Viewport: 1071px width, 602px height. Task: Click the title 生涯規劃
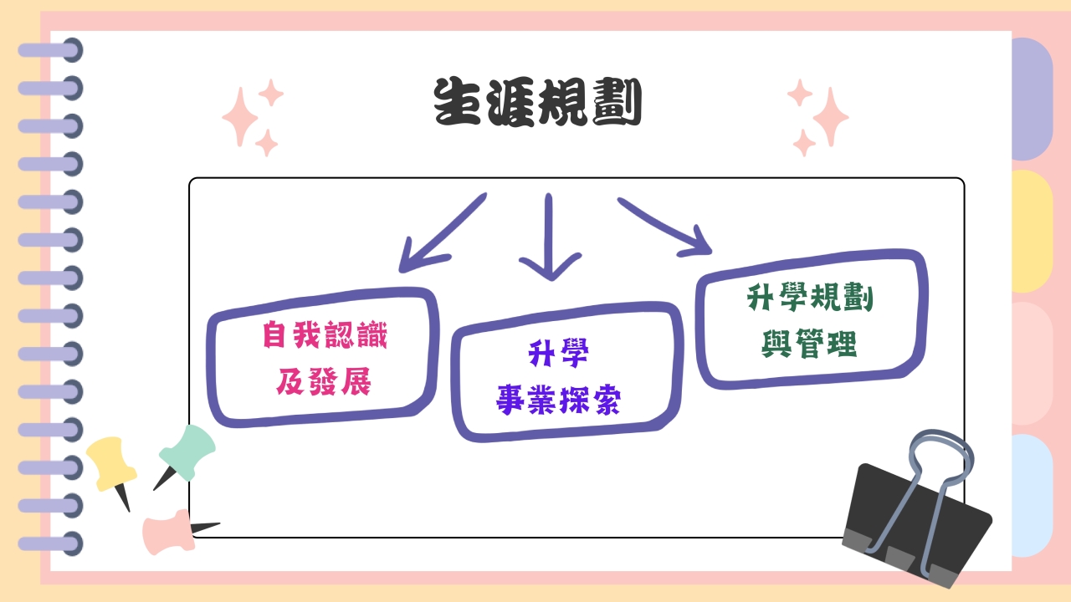538,102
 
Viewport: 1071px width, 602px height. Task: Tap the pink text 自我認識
325,335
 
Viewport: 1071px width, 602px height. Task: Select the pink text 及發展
324,381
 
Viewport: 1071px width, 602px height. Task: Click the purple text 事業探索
558,400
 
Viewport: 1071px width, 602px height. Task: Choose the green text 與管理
809,344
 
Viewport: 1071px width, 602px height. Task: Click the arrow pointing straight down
549,237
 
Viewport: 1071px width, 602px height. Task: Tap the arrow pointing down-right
665,227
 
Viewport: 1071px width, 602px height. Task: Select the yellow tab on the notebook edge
1033,232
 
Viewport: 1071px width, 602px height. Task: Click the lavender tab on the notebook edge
1033,99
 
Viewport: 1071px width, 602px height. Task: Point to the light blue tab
1033,496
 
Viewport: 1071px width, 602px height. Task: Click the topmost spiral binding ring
51,50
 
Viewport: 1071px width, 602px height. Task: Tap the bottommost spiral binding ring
51,543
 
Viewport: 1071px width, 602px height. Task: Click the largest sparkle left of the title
240,117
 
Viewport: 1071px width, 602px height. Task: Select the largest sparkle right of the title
831,117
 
